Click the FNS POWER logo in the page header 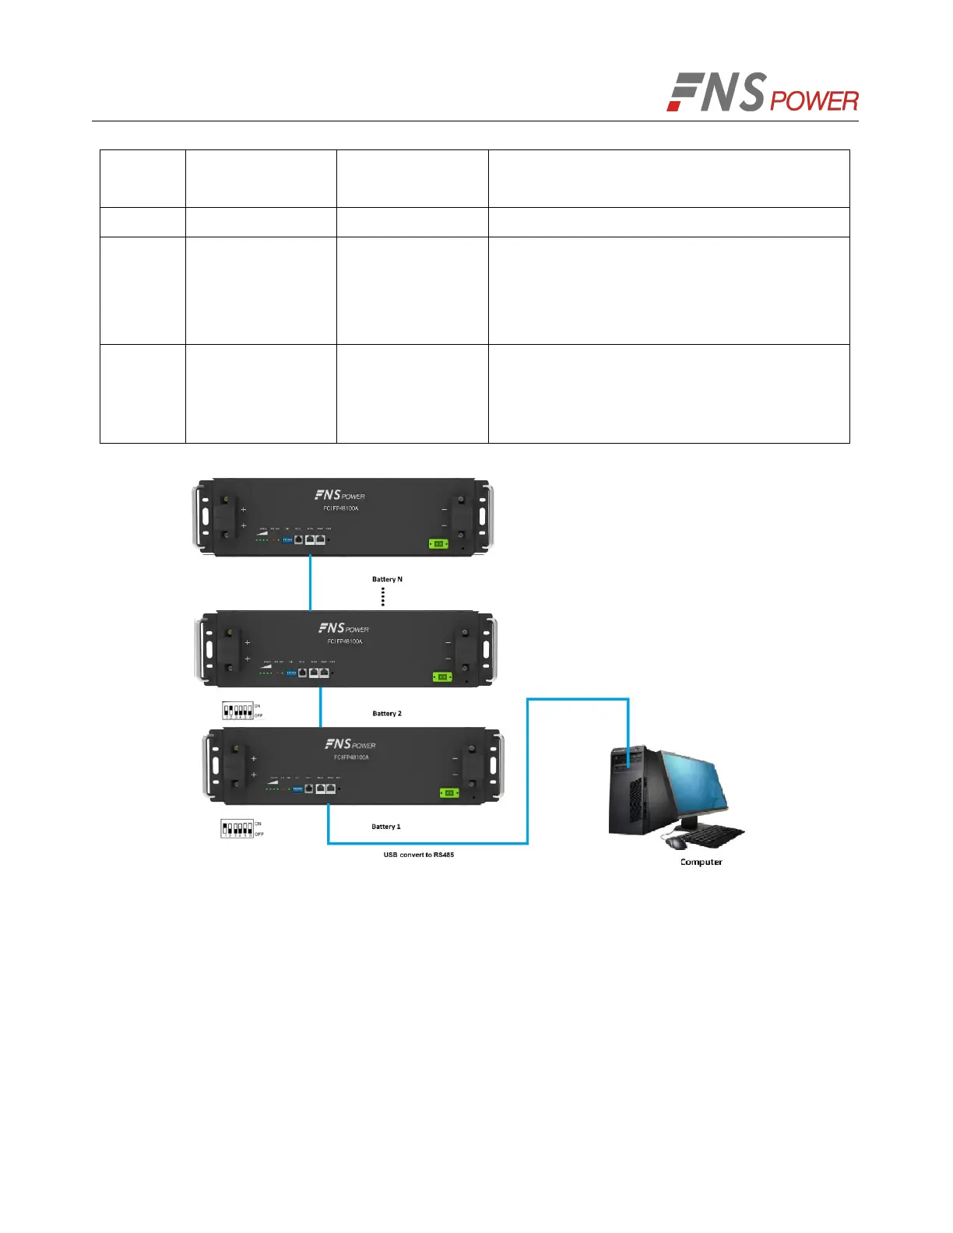tap(762, 93)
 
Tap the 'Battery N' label tap(387, 579)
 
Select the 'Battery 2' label tap(387, 713)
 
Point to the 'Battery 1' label tap(386, 827)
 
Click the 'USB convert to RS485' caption tap(418, 855)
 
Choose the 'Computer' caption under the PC tap(701, 862)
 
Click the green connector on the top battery tap(438, 543)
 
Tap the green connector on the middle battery tap(442, 676)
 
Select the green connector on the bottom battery tap(448, 792)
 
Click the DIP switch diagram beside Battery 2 tap(238, 711)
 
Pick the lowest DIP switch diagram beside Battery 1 tap(237, 828)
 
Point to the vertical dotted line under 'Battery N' tap(383, 596)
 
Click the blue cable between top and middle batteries tap(311, 582)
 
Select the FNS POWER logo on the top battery tap(339, 495)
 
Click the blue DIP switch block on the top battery tap(287, 539)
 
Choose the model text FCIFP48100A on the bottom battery tap(351, 757)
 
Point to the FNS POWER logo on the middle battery tap(343, 628)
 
